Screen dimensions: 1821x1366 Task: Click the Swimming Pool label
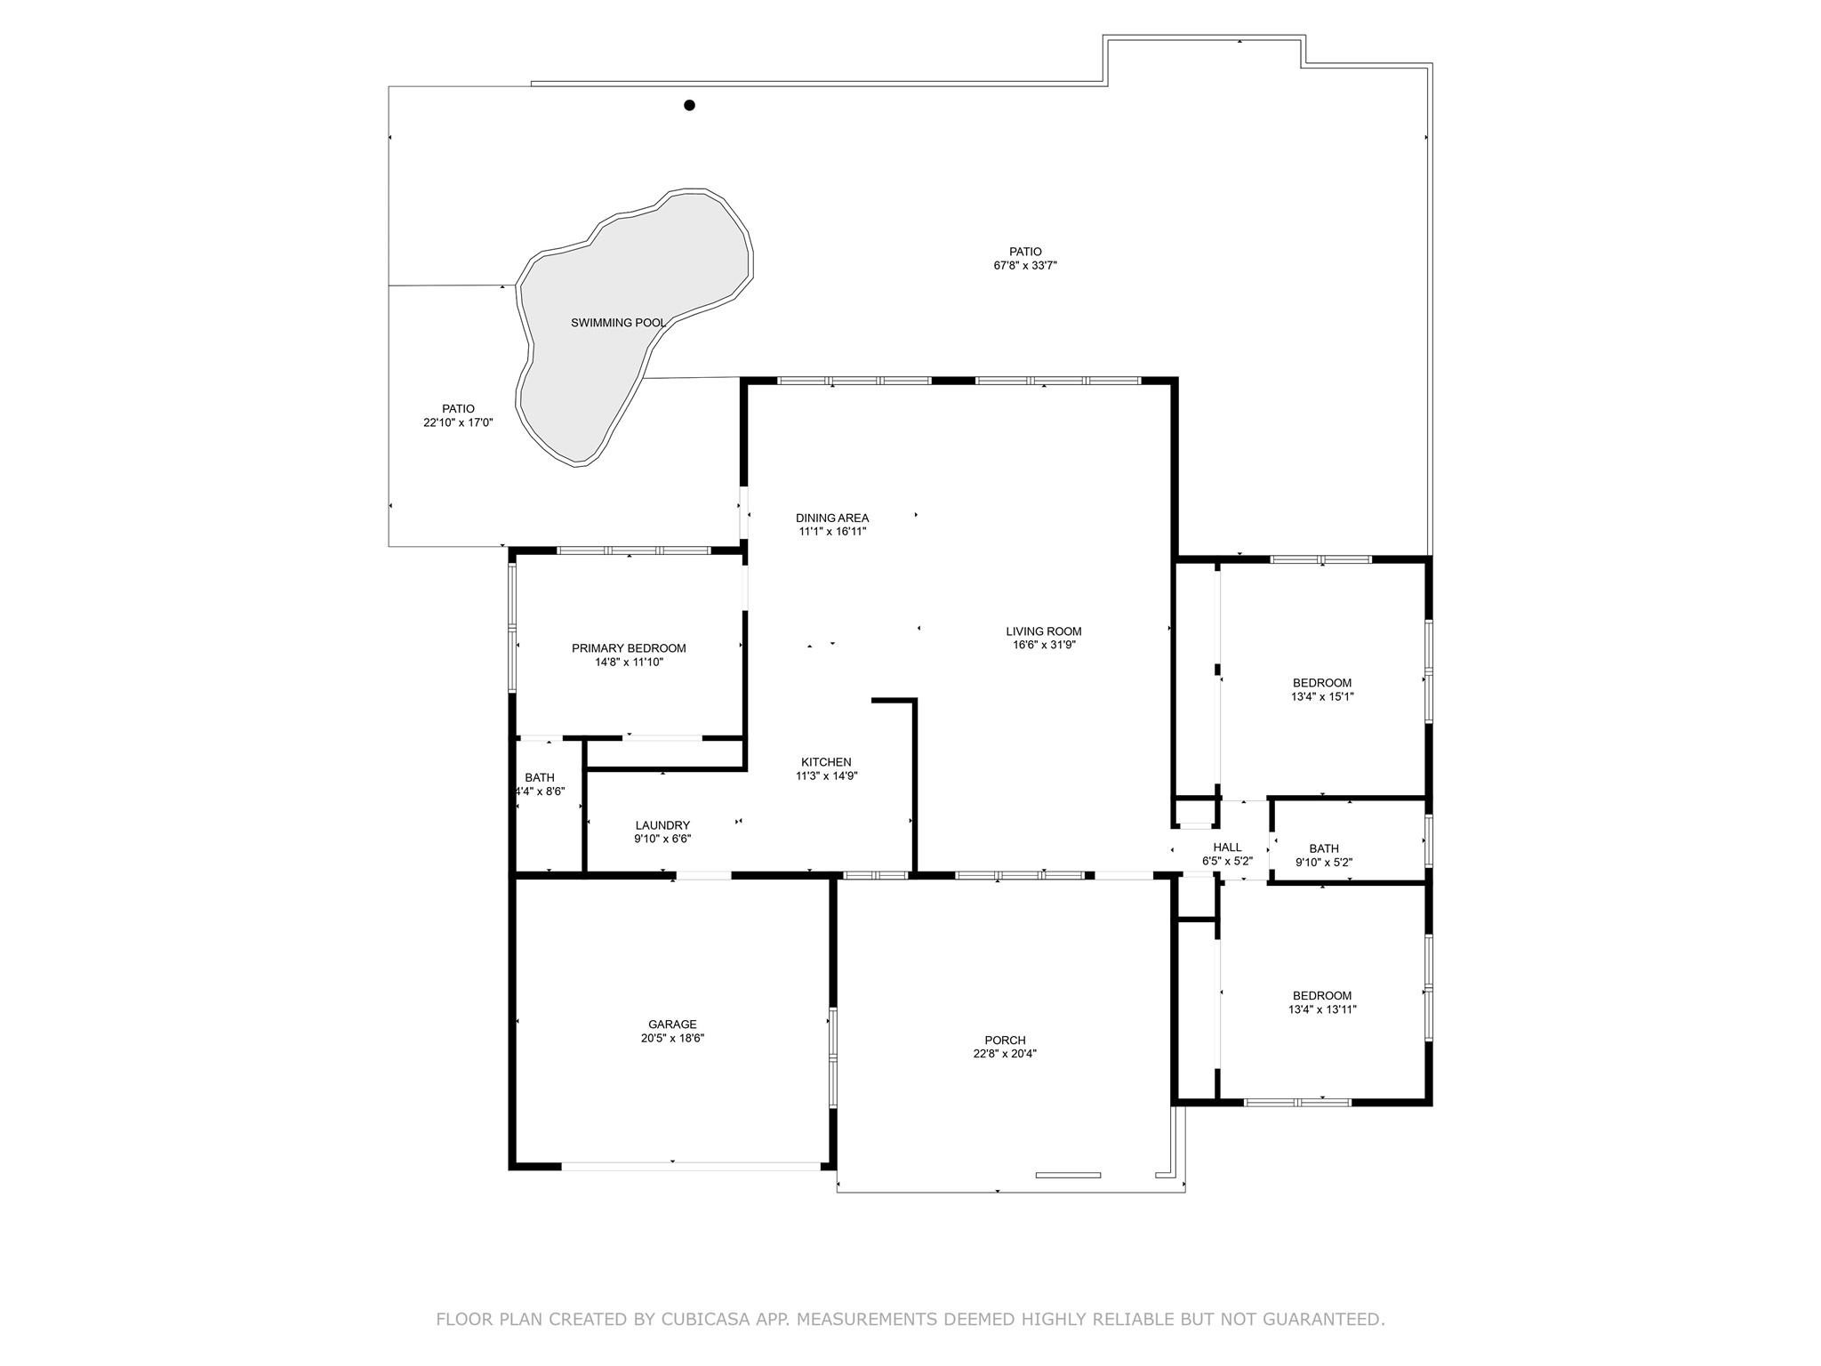618,323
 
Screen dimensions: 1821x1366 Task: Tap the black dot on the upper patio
689,105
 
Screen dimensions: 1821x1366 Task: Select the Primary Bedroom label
629,648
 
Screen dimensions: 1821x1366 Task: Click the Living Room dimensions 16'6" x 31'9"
1044,645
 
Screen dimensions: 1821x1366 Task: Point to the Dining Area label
832,518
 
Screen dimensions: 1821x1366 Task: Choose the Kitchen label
826,762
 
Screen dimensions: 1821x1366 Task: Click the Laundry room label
662,825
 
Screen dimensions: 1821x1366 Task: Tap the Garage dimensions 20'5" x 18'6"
672,1038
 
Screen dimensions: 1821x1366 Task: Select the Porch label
1005,1041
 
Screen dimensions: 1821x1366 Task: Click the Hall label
1227,848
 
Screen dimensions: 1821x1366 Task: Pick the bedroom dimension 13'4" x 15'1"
1322,697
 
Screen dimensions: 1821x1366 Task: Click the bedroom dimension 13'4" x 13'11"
1322,1009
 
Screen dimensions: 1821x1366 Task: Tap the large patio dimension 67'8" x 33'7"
1025,265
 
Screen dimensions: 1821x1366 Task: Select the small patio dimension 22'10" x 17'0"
458,422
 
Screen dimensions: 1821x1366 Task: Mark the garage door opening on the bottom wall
691,1166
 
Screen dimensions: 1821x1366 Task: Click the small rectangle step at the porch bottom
1068,1175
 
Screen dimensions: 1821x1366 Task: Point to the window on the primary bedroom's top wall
633,550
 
